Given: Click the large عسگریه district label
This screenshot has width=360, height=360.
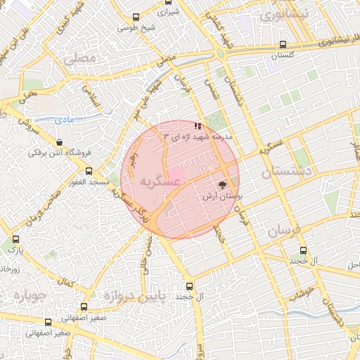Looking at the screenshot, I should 157,182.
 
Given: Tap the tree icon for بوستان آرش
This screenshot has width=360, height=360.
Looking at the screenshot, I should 222,186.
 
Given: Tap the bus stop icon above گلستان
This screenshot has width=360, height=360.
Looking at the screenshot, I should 283,44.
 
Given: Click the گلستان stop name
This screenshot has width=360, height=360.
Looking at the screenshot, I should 283,55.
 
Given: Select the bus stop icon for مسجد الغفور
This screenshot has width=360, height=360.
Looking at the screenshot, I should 89,171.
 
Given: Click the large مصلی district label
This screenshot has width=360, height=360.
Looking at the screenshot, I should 79,60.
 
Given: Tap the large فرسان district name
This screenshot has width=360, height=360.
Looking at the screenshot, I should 284,231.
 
